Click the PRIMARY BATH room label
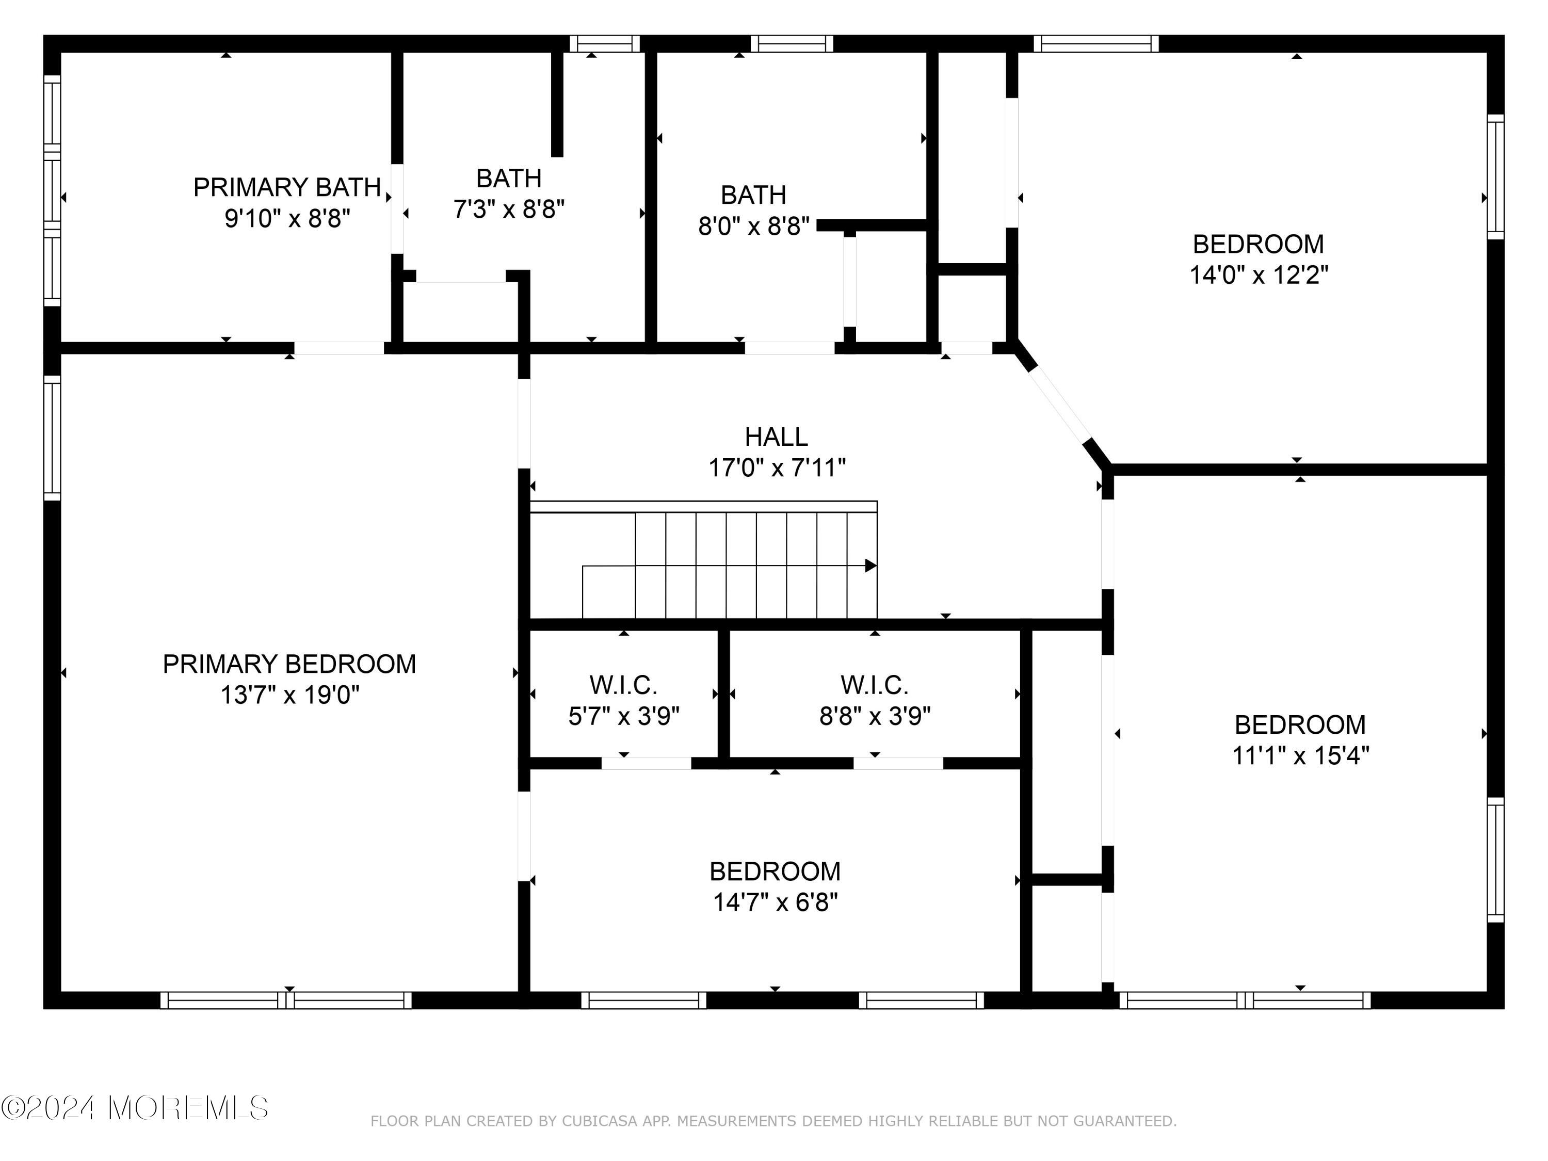point(287,187)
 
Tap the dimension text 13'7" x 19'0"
point(289,695)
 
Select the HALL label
point(776,437)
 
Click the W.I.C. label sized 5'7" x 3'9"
point(623,685)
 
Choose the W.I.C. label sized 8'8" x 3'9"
point(874,685)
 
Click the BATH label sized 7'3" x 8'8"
point(509,179)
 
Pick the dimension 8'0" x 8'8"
point(754,226)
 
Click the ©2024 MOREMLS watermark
point(134,1108)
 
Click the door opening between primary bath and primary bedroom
point(338,348)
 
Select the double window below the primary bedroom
point(286,1000)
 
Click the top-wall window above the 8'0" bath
point(792,44)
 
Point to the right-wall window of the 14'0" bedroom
point(1495,176)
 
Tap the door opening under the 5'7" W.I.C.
point(646,763)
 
